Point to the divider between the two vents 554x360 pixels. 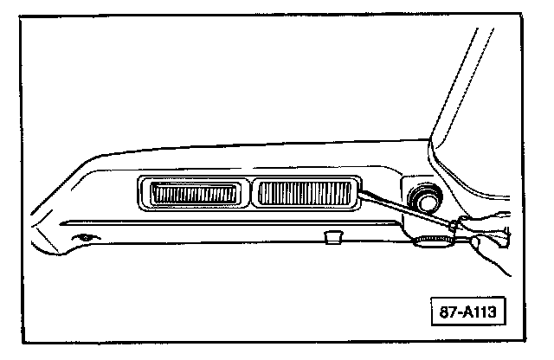click(x=249, y=193)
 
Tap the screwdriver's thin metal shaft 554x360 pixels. click(x=403, y=209)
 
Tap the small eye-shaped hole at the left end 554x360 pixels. click(x=84, y=237)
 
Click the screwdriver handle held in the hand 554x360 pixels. click(x=493, y=232)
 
